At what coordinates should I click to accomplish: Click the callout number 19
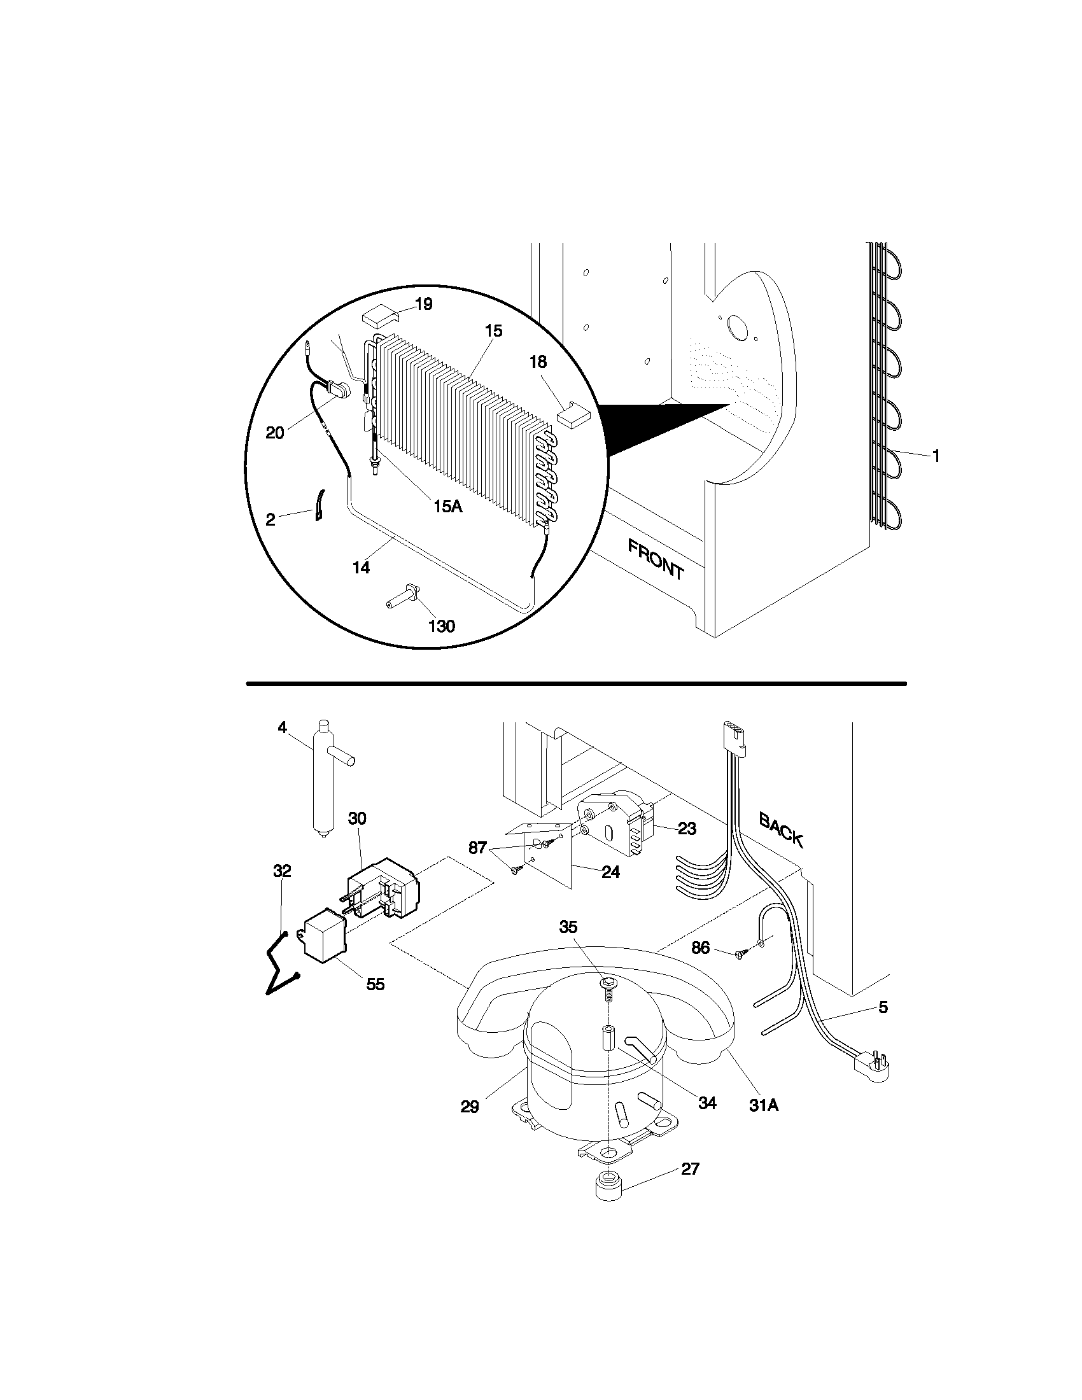pyautogui.click(x=423, y=304)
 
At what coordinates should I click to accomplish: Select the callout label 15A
pyautogui.click(x=447, y=506)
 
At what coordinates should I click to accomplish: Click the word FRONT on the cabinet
pyautogui.click(x=656, y=559)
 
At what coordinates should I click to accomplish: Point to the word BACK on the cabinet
pyautogui.click(x=781, y=829)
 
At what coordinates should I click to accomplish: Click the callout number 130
pyautogui.click(x=442, y=626)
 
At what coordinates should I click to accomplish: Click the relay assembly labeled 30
pyautogui.click(x=381, y=888)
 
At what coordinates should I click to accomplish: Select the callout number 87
pyautogui.click(x=477, y=848)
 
